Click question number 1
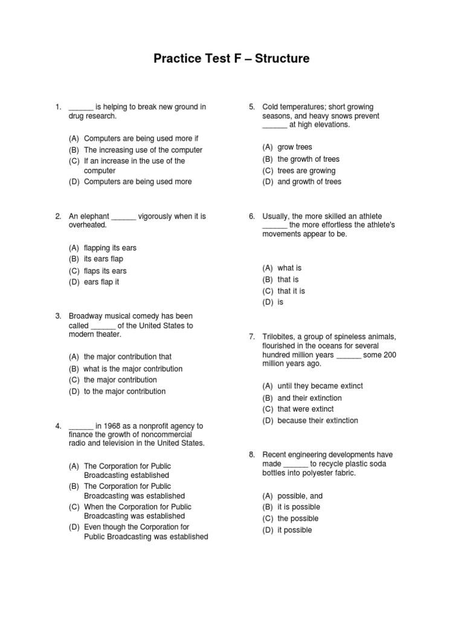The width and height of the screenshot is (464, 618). pos(57,107)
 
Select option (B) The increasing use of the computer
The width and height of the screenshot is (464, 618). pos(143,150)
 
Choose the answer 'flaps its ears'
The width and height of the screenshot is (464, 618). pos(105,271)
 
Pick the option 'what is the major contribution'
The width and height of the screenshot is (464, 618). pos(133,369)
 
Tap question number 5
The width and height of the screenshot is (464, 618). pos(251,107)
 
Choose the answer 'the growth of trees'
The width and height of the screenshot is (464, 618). pos(308,159)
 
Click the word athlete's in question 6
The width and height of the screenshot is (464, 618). pos(378,225)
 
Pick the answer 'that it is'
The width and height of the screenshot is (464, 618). pos(291,291)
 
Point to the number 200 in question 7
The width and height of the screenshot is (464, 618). pos(390,355)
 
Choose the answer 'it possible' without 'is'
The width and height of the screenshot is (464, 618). pos(294,530)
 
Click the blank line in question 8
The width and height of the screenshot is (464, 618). pos(295,465)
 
